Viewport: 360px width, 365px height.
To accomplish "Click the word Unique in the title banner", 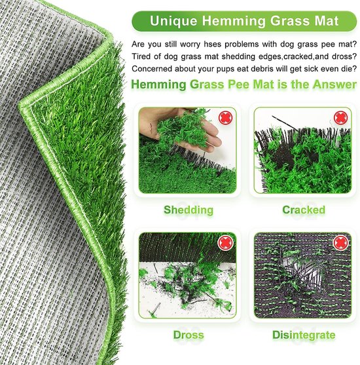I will [173, 21].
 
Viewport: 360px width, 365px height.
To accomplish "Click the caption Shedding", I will [189, 210].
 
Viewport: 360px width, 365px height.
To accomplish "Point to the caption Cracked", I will [303, 210].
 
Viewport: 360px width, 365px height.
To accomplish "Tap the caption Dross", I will [189, 336].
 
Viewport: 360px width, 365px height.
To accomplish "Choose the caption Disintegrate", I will [303, 336].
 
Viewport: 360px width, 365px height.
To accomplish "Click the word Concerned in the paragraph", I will [154, 69].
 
